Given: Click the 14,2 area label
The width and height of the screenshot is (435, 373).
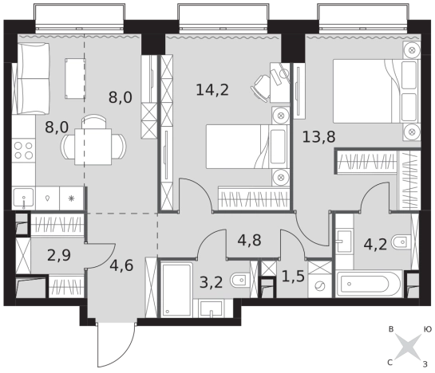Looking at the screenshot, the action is click(212, 90).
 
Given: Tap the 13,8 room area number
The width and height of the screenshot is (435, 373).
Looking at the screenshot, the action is click(318, 137).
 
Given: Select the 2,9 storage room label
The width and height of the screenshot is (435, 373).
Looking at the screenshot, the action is click(59, 255).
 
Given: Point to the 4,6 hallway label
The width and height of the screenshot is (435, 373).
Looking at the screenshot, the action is click(121, 265).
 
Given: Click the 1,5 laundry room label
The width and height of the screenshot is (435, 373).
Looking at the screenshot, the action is click(293, 277).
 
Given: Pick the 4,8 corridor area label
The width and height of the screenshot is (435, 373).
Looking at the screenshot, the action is click(249, 240).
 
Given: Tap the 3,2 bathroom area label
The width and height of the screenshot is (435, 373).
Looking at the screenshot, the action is click(212, 283).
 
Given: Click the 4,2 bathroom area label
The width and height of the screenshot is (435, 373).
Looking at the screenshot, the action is click(375, 245).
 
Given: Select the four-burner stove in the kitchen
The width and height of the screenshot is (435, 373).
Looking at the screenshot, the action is click(24, 150).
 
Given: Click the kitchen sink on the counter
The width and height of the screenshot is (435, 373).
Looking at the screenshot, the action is click(24, 198).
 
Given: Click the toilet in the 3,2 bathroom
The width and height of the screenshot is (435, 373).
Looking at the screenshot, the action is click(240, 281).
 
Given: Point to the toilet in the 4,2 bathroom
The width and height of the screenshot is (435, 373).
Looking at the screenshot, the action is click(401, 242).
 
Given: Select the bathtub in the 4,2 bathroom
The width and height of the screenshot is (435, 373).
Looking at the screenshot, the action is click(369, 284).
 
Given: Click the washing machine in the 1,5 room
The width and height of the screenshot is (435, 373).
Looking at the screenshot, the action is click(320, 286).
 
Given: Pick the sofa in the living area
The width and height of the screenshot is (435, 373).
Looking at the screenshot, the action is click(30, 78).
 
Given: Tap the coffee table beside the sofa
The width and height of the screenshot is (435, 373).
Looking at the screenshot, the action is click(75, 78).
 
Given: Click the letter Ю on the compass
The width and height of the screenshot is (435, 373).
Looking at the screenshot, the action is click(428, 329).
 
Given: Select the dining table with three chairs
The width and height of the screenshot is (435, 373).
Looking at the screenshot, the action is click(93, 141).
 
